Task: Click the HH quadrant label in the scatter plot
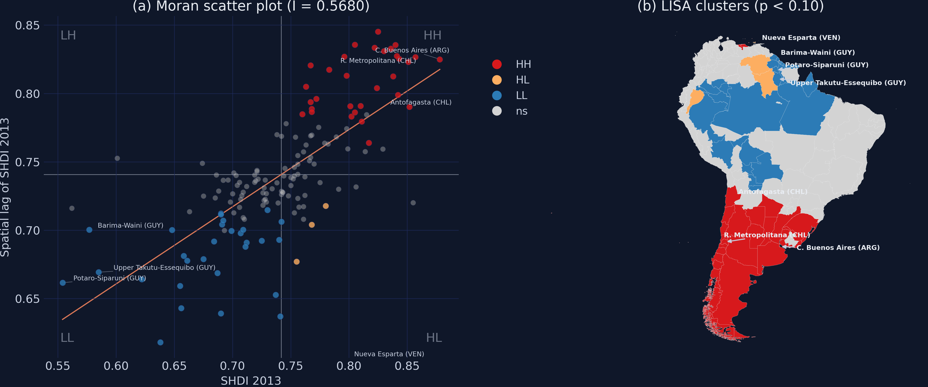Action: (x=432, y=35)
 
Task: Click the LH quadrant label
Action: (x=68, y=35)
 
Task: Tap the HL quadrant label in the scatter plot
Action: (x=434, y=338)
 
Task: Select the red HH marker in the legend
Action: (x=497, y=64)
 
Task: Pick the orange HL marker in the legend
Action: (x=497, y=80)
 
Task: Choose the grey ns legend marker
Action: (x=497, y=111)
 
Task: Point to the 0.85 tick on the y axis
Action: (x=27, y=25)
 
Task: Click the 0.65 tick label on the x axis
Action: (x=174, y=366)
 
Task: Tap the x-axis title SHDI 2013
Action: (x=251, y=381)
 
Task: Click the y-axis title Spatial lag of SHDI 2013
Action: (x=5, y=187)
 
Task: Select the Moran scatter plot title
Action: (x=251, y=6)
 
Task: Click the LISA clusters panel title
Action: (x=731, y=6)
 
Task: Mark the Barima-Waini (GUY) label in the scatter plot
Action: (x=131, y=225)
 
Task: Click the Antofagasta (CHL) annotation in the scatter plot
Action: (x=421, y=102)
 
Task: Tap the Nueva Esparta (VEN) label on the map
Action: (x=801, y=38)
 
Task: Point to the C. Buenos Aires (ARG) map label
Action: (x=838, y=248)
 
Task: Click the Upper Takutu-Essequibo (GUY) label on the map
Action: (x=848, y=83)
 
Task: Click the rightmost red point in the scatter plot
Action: (x=439, y=59)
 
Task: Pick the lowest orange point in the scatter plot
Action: (x=297, y=262)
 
